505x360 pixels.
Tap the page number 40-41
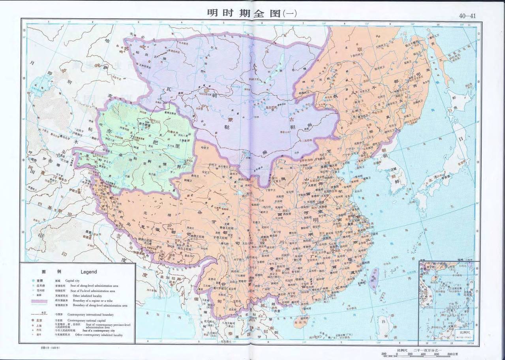pyautogui.click(x=467, y=16)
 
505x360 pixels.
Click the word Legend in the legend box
pyautogui.click(x=88, y=272)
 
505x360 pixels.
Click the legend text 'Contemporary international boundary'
pyautogui.click(x=91, y=315)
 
